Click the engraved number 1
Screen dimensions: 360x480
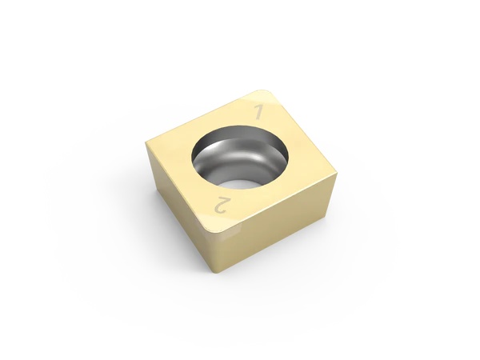pyautogui.click(x=258, y=111)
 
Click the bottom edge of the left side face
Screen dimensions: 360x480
pyautogui.click(x=184, y=234)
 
